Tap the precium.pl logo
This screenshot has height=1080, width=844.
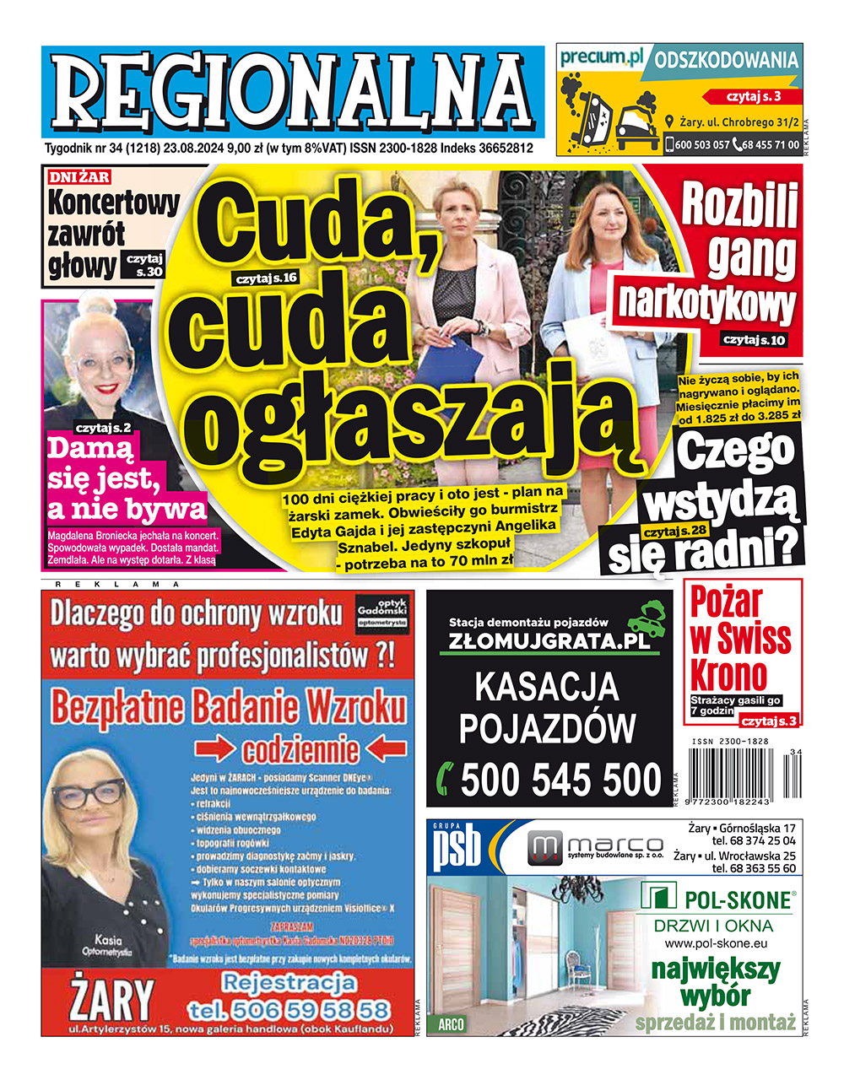601,57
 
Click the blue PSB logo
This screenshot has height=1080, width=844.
457,848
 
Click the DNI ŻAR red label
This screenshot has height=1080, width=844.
78,177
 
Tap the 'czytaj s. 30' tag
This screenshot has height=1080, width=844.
144,266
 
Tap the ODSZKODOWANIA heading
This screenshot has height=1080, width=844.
727,61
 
